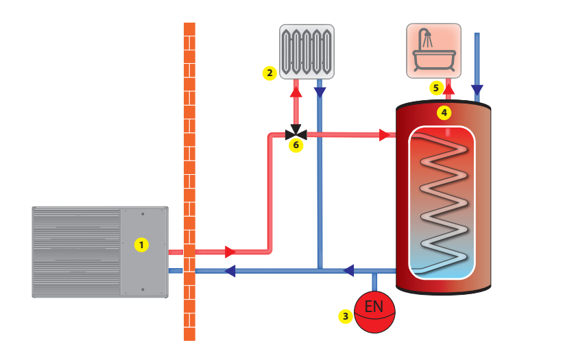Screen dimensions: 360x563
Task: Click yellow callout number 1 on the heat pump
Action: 141,244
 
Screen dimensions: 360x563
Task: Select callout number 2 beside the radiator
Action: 269,72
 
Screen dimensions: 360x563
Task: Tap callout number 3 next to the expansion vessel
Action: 346,316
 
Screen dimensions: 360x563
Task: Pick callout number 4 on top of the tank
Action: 444,111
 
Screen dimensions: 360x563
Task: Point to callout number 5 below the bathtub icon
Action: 435,88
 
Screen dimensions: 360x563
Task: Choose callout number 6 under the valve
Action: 296,145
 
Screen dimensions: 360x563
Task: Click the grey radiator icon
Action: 307,52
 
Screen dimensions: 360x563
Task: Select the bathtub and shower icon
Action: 433,51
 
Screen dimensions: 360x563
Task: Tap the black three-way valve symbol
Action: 296,133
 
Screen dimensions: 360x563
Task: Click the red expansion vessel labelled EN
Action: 374,313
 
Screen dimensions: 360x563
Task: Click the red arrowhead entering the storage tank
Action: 385,135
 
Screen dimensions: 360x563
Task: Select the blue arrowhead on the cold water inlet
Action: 477,90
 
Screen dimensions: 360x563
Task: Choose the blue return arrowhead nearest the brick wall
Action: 231,271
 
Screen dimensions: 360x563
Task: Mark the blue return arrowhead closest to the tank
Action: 349,271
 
